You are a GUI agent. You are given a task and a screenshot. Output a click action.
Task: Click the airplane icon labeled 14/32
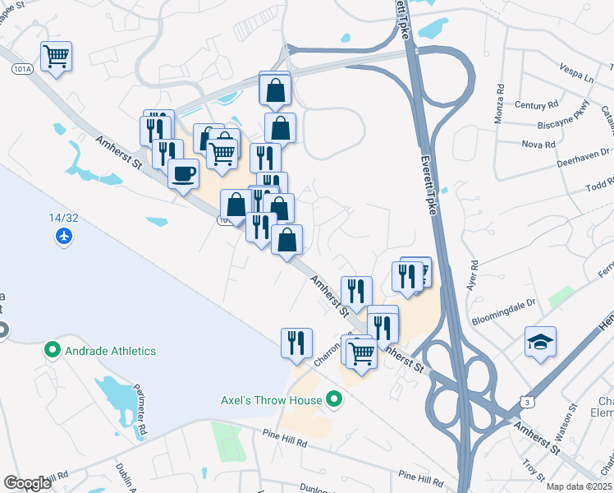click(64, 237)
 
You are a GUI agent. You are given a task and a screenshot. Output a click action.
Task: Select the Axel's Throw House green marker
click(333, 401)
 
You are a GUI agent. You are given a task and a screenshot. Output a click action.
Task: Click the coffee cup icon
click(183, 173)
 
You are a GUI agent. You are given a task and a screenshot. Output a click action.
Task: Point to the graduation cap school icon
click(540, 342)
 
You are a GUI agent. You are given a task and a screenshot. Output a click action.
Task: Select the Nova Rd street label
click(538, 144)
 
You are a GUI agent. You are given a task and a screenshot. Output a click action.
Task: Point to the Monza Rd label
click(499, 106)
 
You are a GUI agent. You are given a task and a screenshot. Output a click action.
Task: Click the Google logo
click(27, 483)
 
